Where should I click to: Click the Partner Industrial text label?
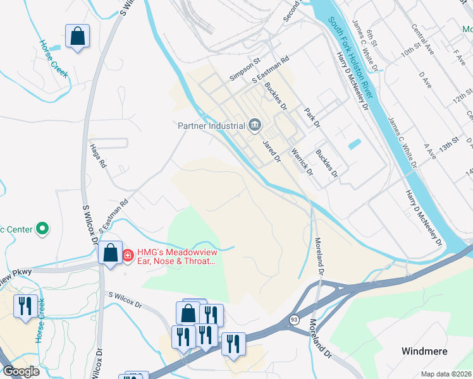coord(211,124)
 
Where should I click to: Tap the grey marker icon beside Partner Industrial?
coord(255,125)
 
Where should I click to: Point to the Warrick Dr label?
coord(302,162)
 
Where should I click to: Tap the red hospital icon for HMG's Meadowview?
coord(128,255)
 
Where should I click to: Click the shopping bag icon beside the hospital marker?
coord(110,253)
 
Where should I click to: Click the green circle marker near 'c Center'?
coord(42,227)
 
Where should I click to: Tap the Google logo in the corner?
coord(21,371)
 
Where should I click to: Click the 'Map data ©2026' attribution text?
coord(446,374)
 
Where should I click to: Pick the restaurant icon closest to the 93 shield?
coord(233,344)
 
